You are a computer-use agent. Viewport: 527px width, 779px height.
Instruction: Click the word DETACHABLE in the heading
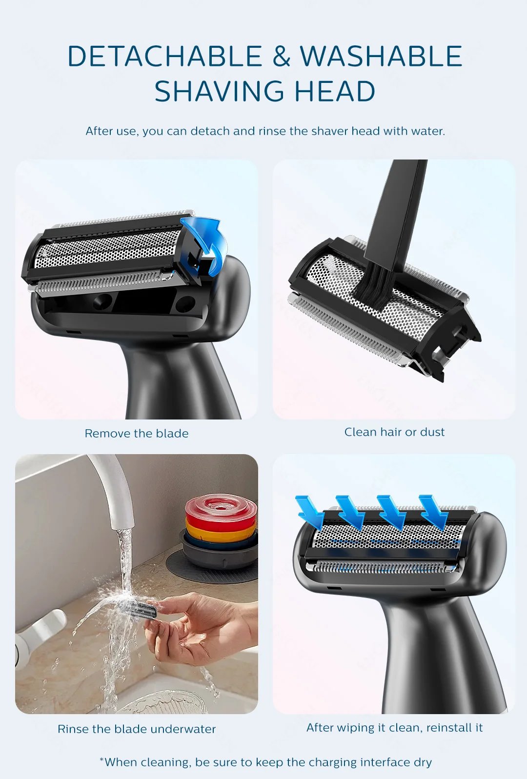pos(164,56)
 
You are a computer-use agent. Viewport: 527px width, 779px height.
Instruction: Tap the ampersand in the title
pos(281,56)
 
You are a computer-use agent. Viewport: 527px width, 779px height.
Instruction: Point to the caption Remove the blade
pos(137,433)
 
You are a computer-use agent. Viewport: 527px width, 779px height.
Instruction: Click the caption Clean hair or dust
pos(394,432)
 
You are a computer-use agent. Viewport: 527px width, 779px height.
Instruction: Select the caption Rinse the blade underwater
pos(137,729)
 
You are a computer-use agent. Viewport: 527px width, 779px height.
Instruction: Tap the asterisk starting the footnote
pos(101,760)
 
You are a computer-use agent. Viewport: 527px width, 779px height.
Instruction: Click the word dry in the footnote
pos(423,762)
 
